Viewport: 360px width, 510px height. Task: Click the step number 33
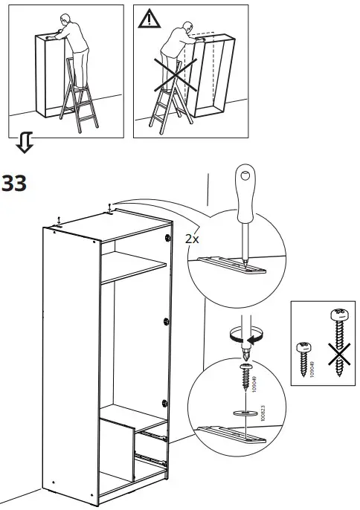coord(14,183)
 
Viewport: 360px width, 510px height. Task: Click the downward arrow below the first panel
coord(25,143)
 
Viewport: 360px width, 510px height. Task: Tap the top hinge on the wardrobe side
coord(164,238)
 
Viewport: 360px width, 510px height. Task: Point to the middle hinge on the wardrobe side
coord(164,321)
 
